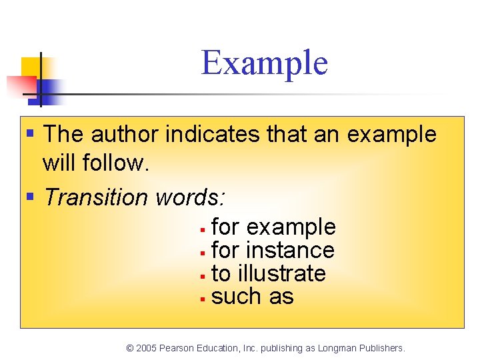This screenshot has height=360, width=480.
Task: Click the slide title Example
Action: [265, 63]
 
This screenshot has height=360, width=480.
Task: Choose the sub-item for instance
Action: [273, 251]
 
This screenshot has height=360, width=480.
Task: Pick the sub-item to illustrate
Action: [268, 273]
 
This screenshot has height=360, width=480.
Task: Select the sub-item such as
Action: [252, 297]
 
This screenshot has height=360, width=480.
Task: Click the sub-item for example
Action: [273, 227]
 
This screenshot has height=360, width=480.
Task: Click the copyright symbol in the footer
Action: [130, 348]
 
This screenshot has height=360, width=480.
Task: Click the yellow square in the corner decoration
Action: [31, 67]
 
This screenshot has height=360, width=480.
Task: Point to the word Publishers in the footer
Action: [383, 348]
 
